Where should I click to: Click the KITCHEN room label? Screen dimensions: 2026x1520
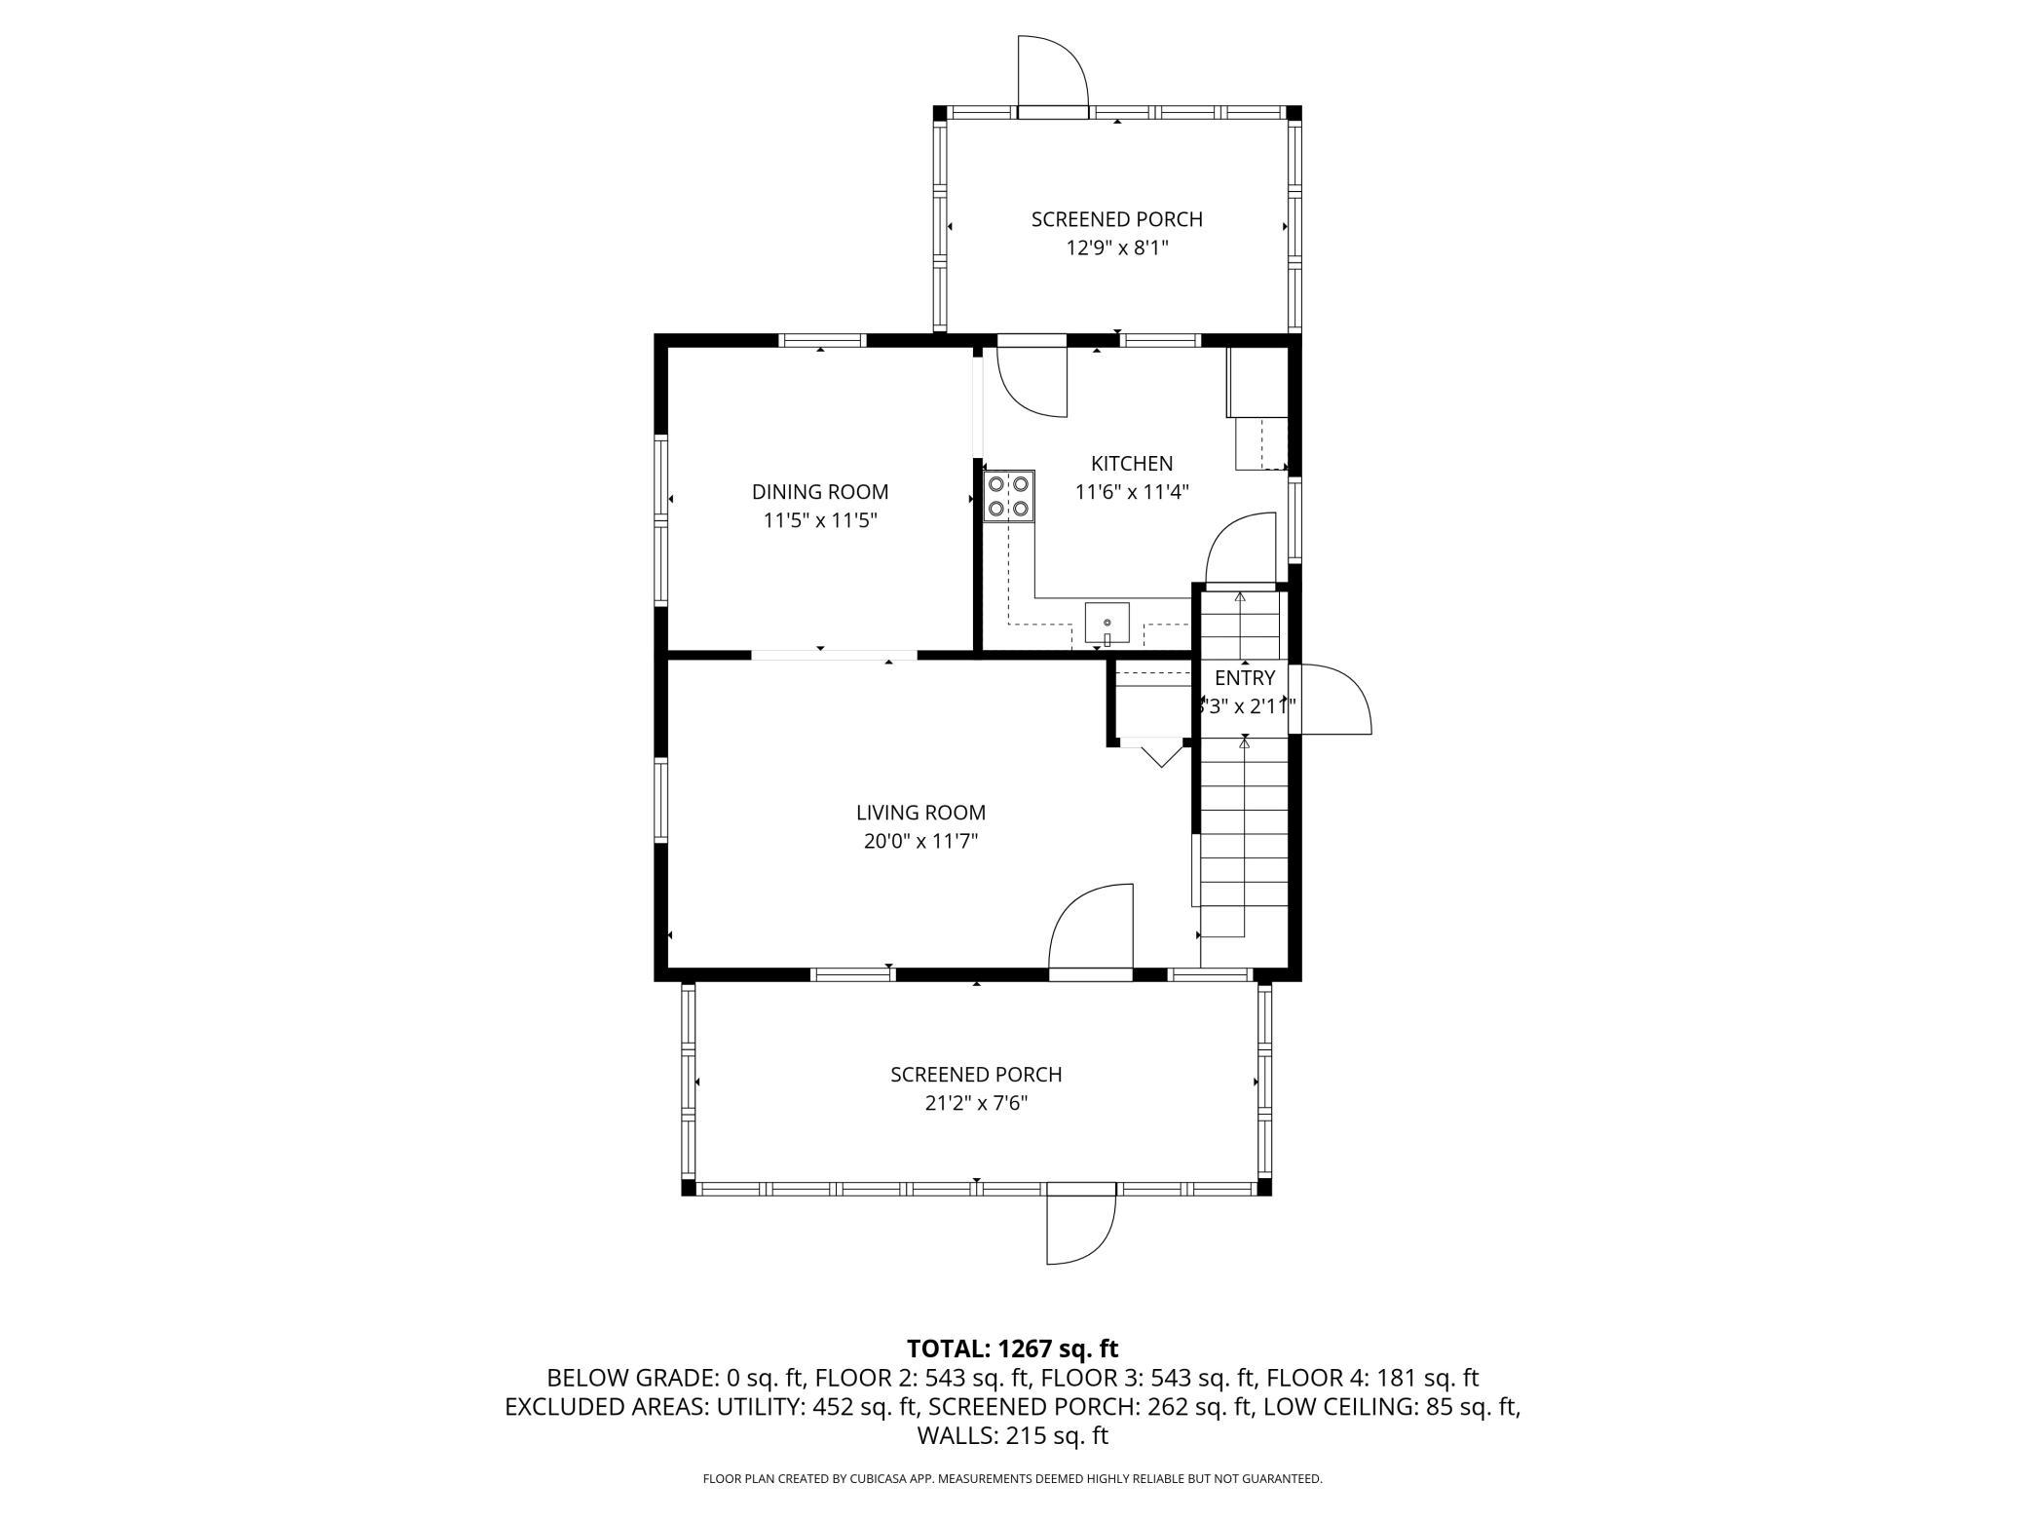coord(1132,464)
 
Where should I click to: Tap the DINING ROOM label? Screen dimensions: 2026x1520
coord(820,492)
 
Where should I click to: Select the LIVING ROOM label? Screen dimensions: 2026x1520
coord(920,813)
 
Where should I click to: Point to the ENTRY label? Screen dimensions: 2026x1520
coord(1245,678)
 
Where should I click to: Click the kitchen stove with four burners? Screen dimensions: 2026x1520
coord(1008,496)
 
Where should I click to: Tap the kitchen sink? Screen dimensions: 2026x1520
coord(1107,625)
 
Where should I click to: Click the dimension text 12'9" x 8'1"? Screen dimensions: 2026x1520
coord(1117,248)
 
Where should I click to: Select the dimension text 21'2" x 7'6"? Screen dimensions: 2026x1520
coord(976,1104)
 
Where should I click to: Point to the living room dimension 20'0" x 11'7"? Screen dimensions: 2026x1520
coord(920,841)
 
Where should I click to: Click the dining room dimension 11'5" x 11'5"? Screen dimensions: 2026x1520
coord(820,520)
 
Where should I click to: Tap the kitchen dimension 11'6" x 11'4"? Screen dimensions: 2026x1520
coord(1132,492)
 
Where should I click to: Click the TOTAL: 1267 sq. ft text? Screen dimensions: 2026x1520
coord(1013,1349)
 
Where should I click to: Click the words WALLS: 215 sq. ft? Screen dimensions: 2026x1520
coord(1013,1435)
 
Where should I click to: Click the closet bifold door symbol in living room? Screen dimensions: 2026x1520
coord(1159,753)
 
